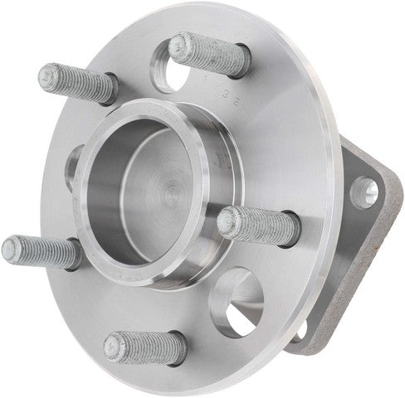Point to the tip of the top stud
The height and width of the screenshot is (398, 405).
(179, 46)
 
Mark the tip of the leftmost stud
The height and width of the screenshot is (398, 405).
(11, 246)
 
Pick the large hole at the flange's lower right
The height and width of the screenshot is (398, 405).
(238, 301)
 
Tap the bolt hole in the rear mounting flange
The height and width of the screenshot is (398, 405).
(365, 192)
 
